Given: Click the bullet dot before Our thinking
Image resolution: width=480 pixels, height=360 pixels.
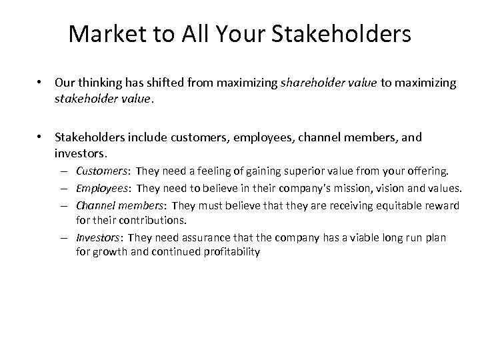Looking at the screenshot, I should point(41,83).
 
